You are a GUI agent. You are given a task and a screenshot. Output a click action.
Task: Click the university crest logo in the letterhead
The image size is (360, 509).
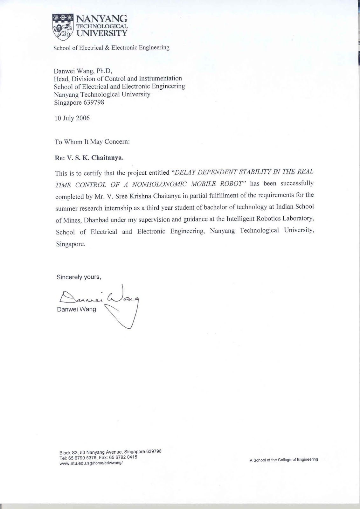(62, 27)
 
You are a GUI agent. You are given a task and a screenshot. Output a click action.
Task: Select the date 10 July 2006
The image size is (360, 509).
(72, 118)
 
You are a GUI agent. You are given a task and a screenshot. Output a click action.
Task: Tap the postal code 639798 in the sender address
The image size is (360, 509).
(93, 102)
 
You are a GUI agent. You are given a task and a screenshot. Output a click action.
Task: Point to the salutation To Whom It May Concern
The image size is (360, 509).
(92, 142)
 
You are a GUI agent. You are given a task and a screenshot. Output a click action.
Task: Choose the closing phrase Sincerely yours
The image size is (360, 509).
(79, 277)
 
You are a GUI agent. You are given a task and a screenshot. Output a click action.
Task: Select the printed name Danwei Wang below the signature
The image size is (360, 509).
(76, 309)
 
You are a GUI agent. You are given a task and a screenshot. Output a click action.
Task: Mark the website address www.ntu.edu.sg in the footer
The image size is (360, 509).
(91, 463)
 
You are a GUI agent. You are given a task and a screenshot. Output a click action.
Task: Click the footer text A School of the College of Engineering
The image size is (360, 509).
(284, 460)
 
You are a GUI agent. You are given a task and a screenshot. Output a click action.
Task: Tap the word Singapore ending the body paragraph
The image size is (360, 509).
(70, 244)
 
